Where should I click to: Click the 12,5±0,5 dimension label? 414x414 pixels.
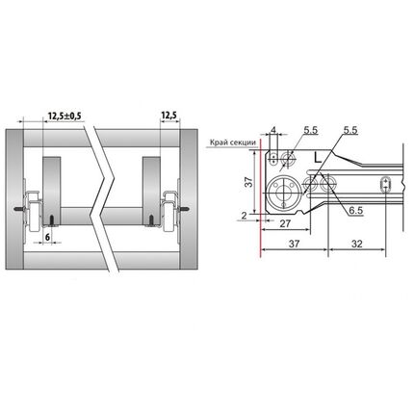(65, 116)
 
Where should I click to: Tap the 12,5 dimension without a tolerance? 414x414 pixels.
(169, 116)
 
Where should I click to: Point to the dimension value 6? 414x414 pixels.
(47, 237)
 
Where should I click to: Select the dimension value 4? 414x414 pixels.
(273, 130)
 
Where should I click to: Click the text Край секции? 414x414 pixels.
(233, 142)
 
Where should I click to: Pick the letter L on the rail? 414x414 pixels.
(318, 158)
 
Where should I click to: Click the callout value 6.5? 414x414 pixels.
(356, 211)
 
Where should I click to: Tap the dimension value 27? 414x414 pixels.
(285, 223)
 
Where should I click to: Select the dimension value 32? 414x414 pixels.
(356, 244)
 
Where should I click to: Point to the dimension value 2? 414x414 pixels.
(245, 216)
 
